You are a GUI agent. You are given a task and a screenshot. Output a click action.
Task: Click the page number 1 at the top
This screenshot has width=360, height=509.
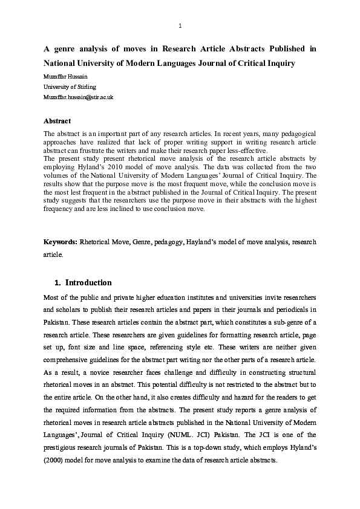(x=180, y=25)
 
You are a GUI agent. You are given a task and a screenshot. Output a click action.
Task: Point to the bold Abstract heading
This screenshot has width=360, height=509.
(x=57, y=121)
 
